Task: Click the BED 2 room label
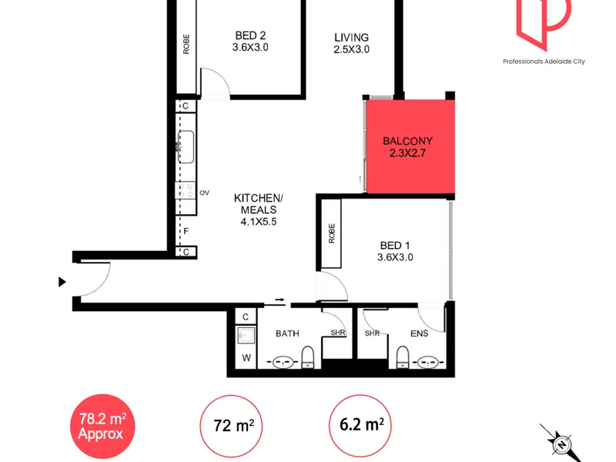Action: (251, 35)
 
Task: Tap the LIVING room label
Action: (352, 38)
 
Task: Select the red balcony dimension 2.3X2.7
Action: (407, 153)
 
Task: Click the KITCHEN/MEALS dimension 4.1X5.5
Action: (259, 222)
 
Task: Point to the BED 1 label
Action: (395, 246)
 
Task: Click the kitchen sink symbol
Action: (186, 146)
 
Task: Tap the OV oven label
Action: (204, 193)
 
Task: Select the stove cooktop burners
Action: (186, 190)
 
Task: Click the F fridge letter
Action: (186, 231)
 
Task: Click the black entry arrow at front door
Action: (62, 282)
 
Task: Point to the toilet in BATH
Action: (307, 357)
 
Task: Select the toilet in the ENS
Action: (402, 357)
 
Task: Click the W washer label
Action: (246, 358)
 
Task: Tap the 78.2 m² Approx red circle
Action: (102, 427)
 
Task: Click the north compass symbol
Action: (562, 444)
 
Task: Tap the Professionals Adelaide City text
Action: (544, 62)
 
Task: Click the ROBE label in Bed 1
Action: (332, 233)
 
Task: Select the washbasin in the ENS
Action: (427, 362)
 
